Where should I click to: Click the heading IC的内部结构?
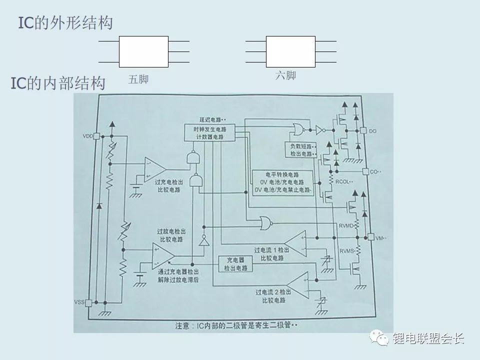[58, 84]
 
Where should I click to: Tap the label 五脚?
[138, 79]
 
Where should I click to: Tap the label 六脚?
[285, 76]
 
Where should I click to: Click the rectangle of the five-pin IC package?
[143, 51]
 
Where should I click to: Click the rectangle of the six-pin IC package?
[290, 51]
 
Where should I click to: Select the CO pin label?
[374, 171]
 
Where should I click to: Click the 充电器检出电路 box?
[234, 264]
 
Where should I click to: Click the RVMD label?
[346, 225]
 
